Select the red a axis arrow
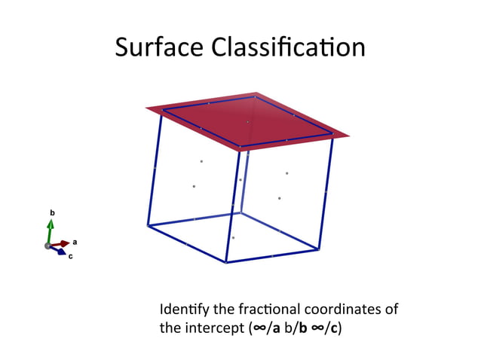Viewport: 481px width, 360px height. [61, 243]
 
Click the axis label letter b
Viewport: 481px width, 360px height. [52, 214]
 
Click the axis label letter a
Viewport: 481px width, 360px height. [75, 242]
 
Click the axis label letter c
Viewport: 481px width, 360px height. [71, 258]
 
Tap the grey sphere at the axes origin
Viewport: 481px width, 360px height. [48, 246]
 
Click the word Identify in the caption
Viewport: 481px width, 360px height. [179, 310]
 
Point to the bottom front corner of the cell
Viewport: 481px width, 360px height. [226, 262]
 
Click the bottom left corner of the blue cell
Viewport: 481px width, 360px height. [148, 225]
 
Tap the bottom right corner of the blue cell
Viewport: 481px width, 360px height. [318, 249]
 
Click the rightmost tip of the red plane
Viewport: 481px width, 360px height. [349, 136]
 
